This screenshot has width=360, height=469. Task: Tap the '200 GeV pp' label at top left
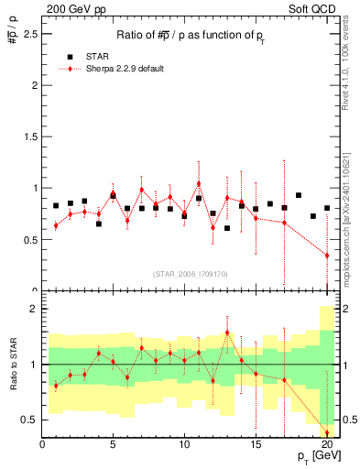tap(68, 8)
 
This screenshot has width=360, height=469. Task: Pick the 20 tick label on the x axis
tap(326, 446)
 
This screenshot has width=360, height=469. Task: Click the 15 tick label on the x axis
tap(256, 446)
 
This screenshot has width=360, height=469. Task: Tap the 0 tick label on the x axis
tap(42, 446)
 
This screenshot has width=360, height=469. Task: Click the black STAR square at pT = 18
tap(299, 195)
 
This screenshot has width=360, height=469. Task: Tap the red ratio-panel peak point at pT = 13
tap(227, 333)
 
